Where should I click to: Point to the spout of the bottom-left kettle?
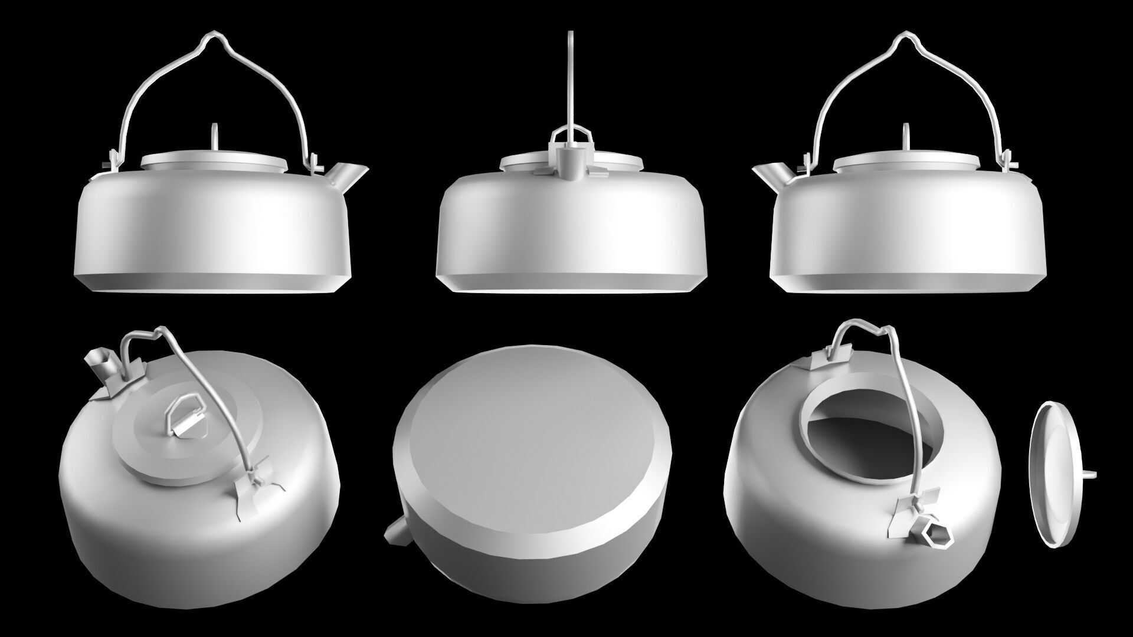(99, 362)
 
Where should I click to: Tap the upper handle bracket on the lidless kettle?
(832, 357)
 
